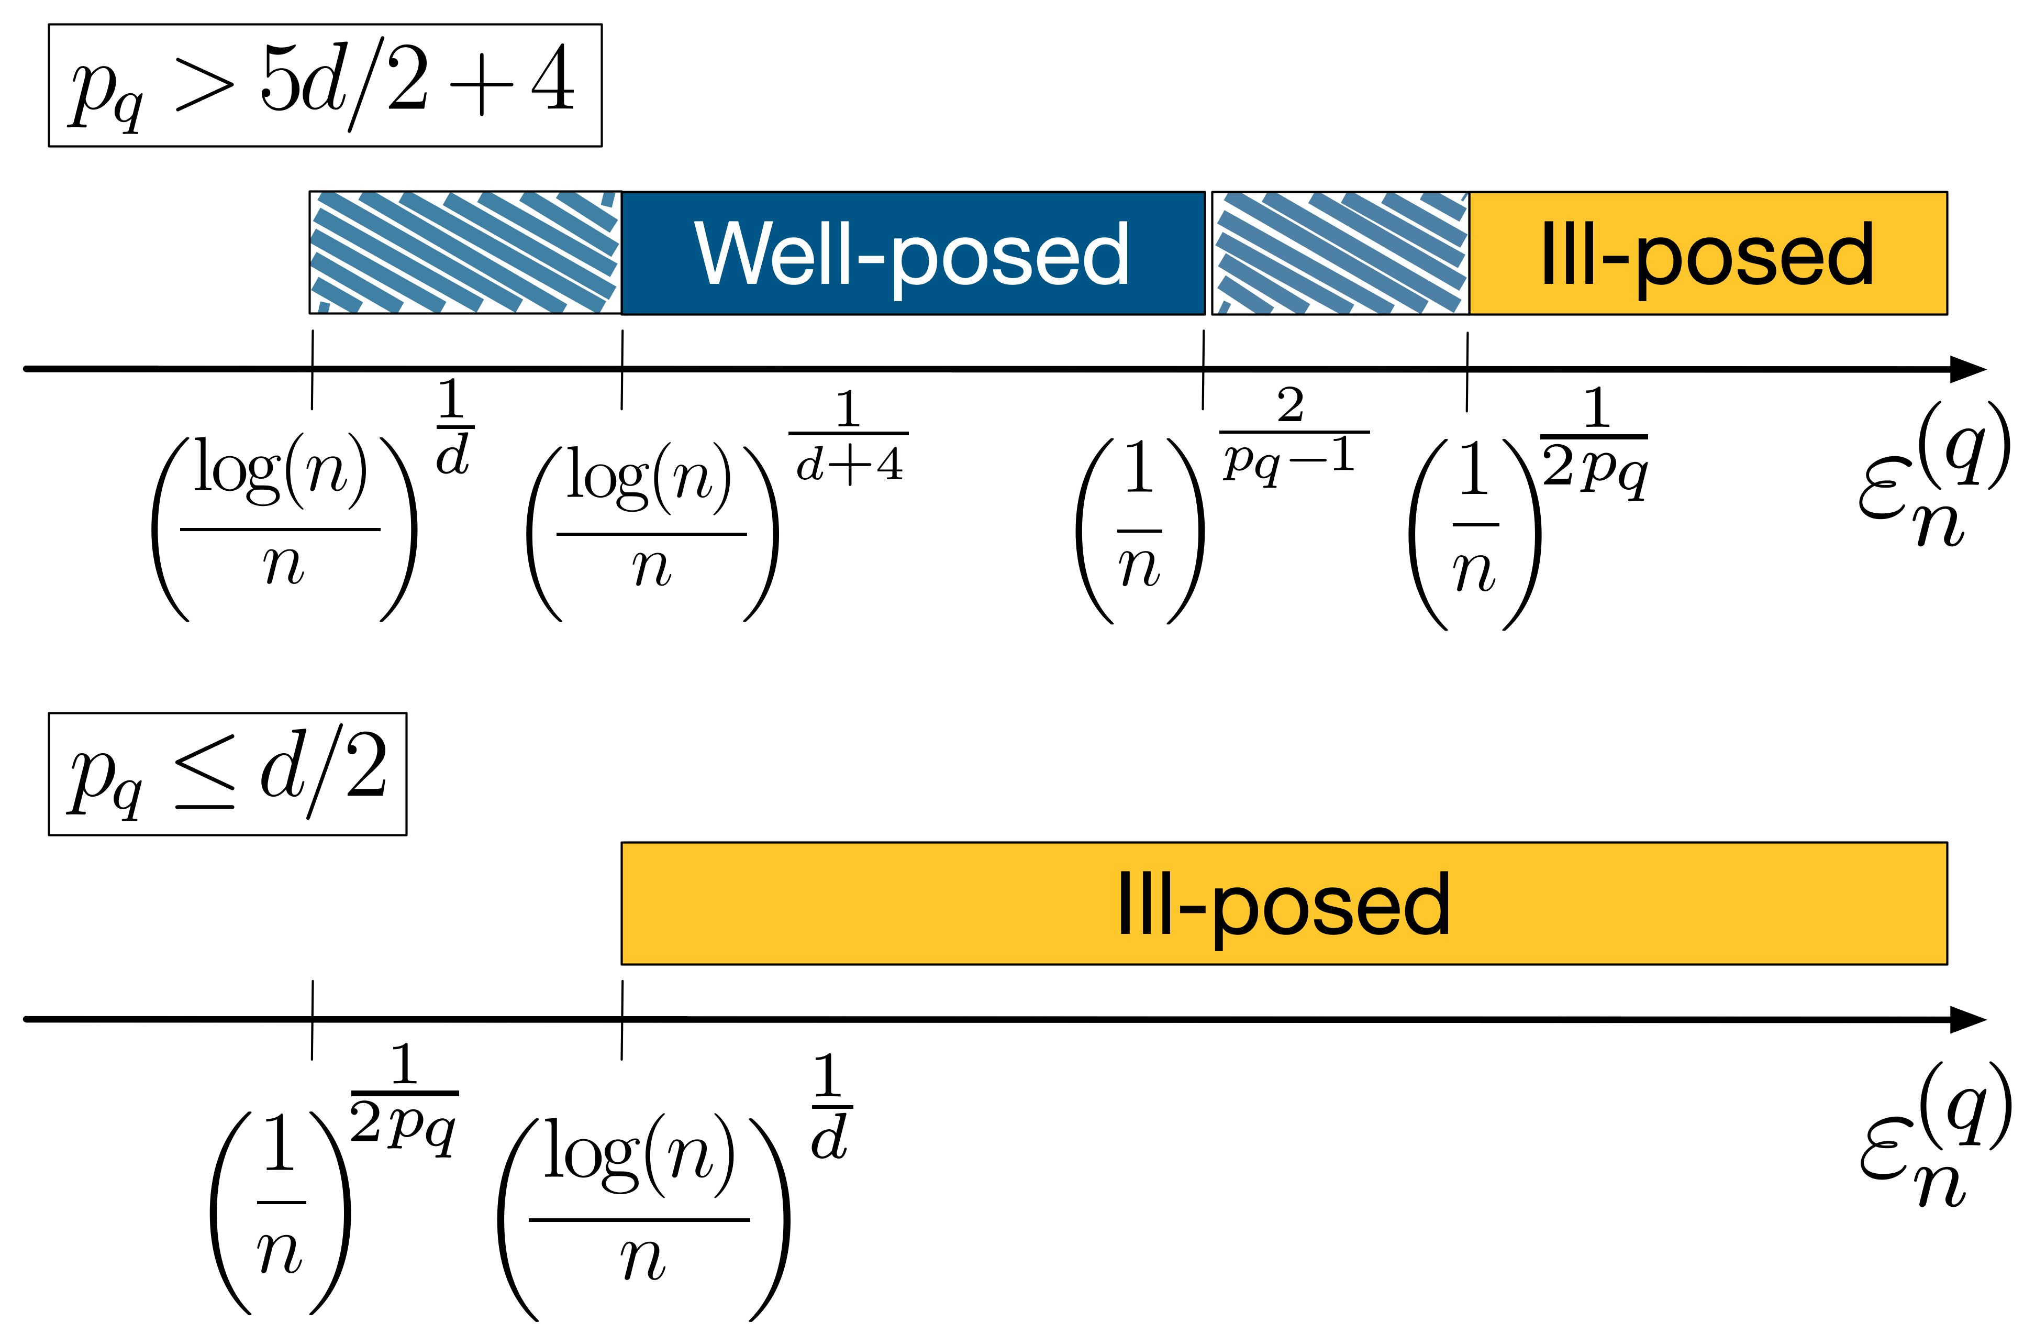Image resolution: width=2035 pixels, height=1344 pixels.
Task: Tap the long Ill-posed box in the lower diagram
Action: click(x=1284, y=904)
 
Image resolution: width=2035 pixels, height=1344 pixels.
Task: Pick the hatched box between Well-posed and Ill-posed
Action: click(x=1339, y=253)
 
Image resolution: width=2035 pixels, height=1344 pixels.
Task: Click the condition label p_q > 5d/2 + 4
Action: click(x=325, y=86)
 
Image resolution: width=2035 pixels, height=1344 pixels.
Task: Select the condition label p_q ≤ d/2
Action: click(x=227, y=773)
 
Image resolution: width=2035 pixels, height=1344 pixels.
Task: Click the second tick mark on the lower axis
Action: click(x=622, y=1019)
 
